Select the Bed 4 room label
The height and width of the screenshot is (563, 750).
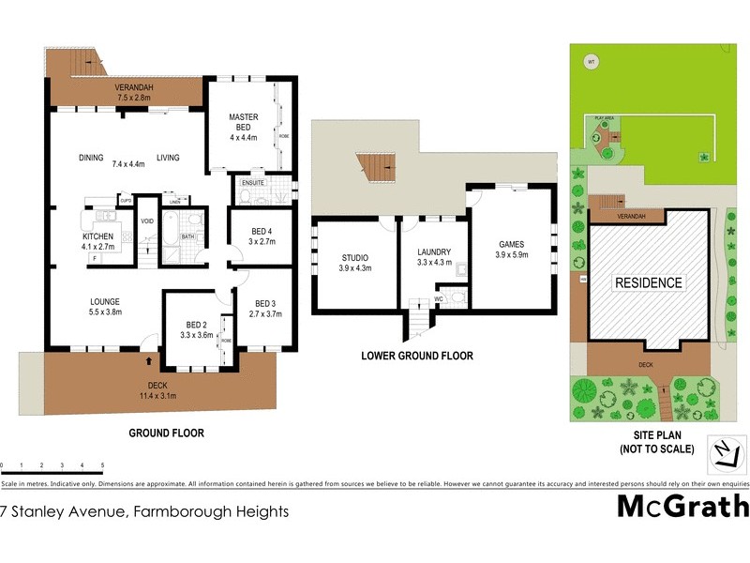click(262, 231)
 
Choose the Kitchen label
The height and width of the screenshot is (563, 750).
click(98, 236)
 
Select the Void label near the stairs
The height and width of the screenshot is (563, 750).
click(146, 221)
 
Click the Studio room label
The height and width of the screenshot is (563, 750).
click(354, 257)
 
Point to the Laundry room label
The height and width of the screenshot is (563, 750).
click(434, 251)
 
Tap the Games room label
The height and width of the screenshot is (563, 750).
click(511, 244)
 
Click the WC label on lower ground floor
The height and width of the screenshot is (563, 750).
click(437, 300)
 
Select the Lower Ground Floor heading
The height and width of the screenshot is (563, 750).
click(416, 357)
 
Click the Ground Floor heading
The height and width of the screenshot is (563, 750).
click(166, 434)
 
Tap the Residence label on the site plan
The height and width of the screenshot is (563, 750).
click(648, 282)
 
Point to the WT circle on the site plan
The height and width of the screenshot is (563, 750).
click(591, 63)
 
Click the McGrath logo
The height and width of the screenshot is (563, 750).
click(681, 507)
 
